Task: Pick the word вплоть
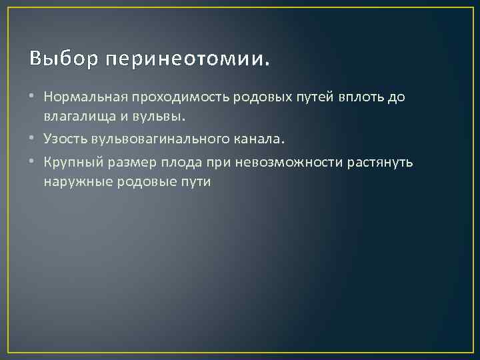(360, 97)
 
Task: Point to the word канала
(257, 139)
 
